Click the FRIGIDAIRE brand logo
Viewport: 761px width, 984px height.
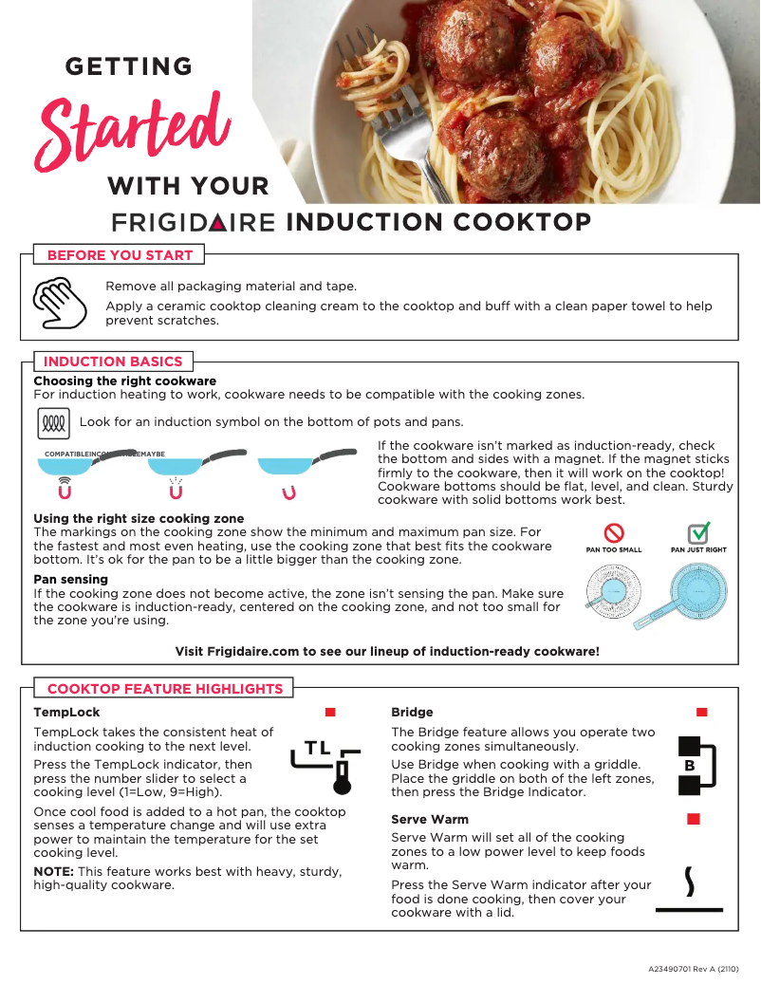click(194, 223)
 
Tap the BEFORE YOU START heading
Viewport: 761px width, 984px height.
click(120, 255)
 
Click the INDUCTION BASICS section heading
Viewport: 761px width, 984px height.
click(112, 362)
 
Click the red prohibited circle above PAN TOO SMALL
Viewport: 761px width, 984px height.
click(614, 533)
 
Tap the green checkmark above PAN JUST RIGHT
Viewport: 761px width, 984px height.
click(698, 532)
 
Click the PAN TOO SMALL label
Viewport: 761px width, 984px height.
click(614, 550)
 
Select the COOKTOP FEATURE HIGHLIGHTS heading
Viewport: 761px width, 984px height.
click(165, 689)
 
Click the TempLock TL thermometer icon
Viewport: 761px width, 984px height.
click(325, 764)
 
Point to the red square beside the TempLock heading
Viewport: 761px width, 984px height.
click(330, 712)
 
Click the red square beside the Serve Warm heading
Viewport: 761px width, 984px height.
click(694, 818)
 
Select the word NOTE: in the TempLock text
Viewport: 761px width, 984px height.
click(54, 871)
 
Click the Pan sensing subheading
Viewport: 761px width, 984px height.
click(70, 579)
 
